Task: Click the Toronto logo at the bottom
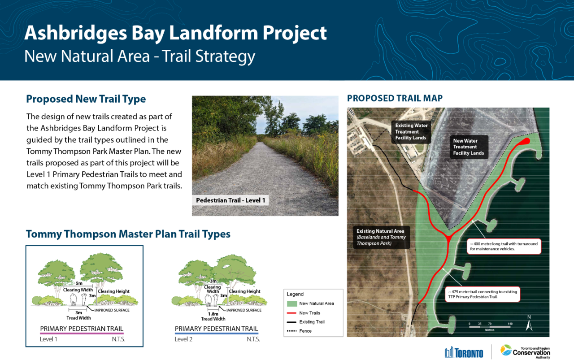464,352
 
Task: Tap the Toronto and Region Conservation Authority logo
525,352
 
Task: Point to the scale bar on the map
490,327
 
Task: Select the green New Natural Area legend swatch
292,304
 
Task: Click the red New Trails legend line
292,313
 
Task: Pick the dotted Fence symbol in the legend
292,331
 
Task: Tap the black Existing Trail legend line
292,322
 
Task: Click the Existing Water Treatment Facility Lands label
411,132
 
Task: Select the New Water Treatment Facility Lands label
469,147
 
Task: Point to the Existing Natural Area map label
381,237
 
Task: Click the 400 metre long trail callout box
504,246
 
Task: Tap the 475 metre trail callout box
482,294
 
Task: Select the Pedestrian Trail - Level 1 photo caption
230,200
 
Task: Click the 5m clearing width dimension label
79,283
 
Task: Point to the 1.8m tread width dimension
213,314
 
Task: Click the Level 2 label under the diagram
183,339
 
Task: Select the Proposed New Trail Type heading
86,99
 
